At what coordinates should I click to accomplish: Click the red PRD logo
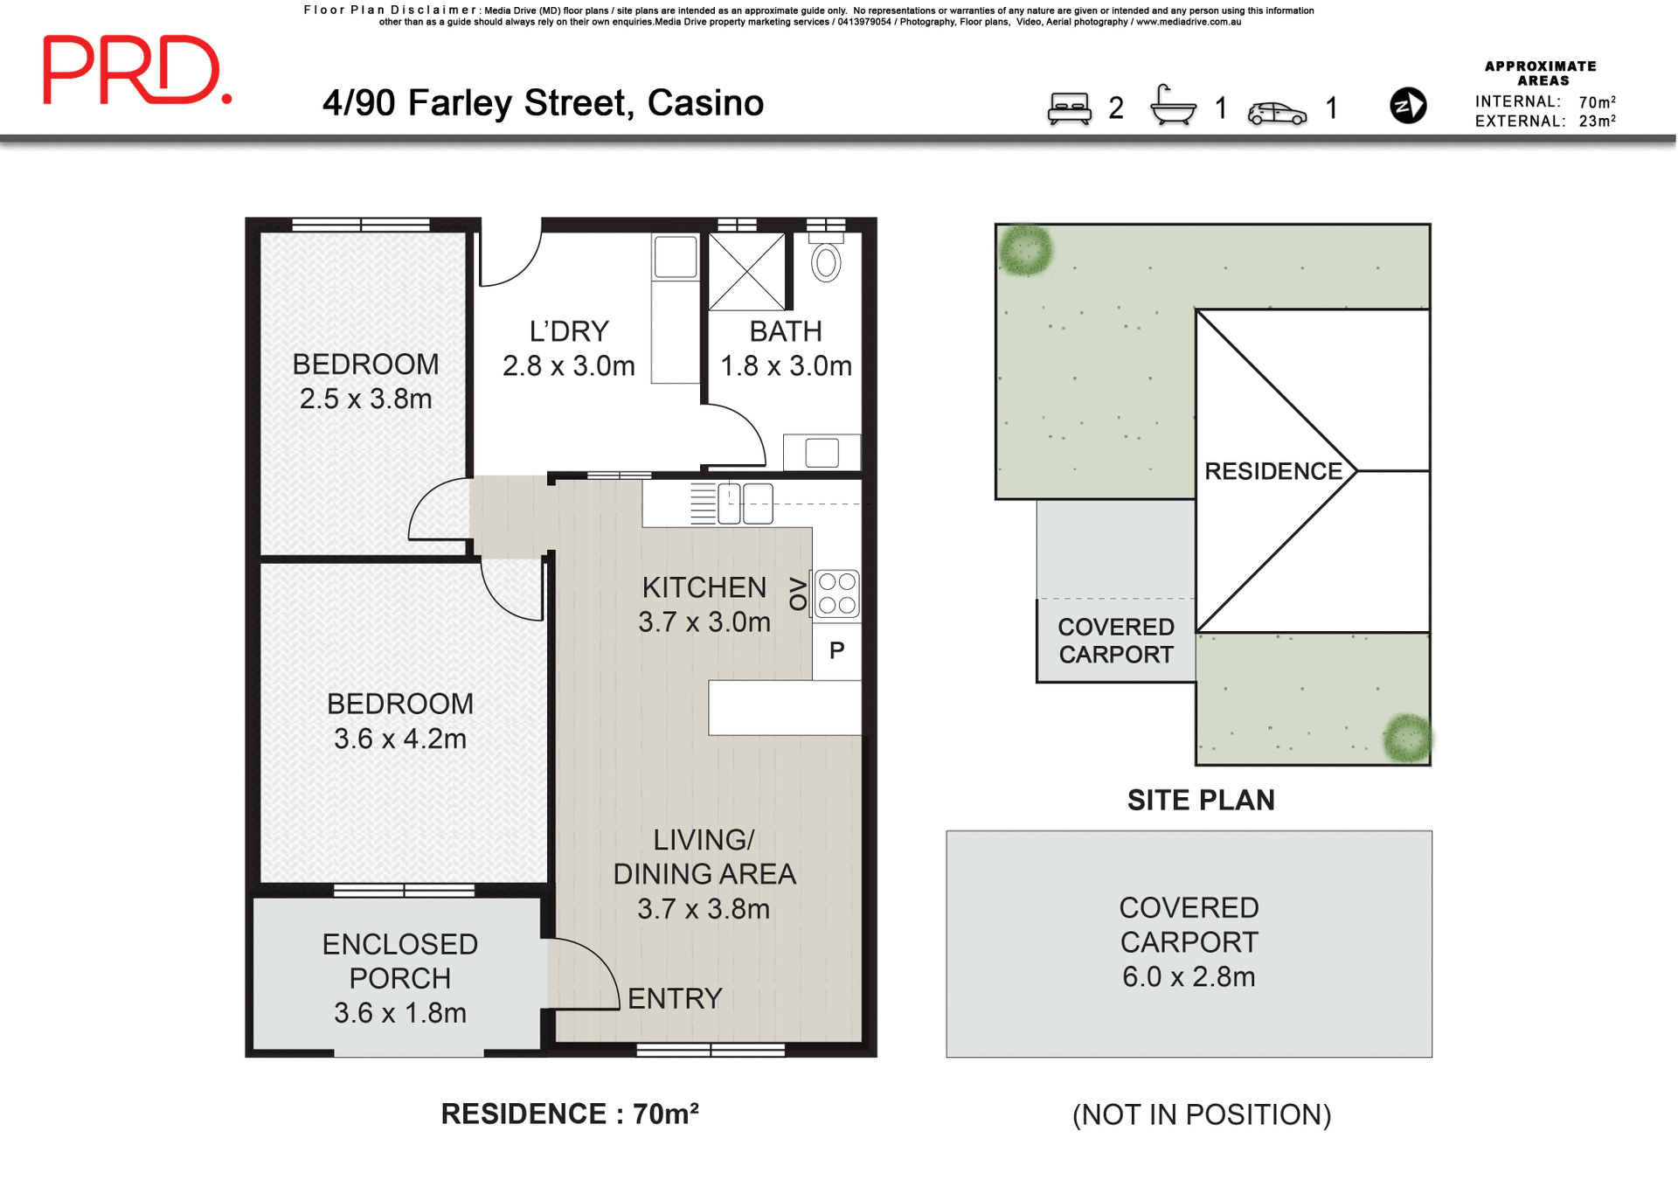click(136, 70)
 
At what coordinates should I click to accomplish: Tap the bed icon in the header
click(1069, 109)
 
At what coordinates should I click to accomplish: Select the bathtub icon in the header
click(1172, 106)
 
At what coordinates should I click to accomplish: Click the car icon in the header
click(1277, 113)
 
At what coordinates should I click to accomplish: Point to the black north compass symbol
click(1407, 106)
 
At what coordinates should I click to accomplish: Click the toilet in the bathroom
click(826, 261)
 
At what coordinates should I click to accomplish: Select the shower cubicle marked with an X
click(746, 271)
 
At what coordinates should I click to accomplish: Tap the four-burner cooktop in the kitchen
click(836, 593)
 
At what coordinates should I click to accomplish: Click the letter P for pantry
click(836, 650)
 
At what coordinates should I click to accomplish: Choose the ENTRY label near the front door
click(675, 998)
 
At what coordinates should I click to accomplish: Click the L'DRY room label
click(568, 331)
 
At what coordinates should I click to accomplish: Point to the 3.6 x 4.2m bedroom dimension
click(399, 739)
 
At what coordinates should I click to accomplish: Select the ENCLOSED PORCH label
click(399, 961)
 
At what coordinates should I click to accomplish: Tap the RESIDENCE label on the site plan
click(1272, 471)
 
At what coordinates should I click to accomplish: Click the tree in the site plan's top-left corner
click(1025, 250)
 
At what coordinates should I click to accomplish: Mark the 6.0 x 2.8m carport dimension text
click(1188, 976)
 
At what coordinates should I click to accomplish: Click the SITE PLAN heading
click(1200, 800)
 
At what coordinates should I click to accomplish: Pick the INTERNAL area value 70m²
click(1597, 102)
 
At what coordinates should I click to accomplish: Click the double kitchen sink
click(745, 504)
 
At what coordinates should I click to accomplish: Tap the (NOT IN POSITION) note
click(1201, 1114)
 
